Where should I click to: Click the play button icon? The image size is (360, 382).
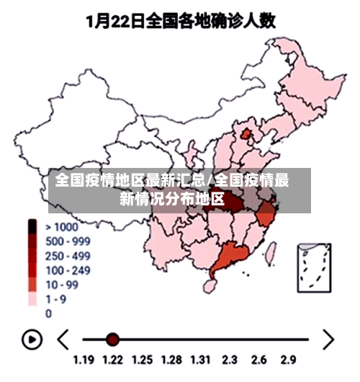click(32, 339)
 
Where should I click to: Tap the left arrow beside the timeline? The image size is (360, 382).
click(63, 339)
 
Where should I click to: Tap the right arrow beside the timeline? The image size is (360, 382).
click(328, 339)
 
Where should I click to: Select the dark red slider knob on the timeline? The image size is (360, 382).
click(112, 339)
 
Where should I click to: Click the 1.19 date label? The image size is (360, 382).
click(84, 359)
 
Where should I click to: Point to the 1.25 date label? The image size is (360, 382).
click(143, 359)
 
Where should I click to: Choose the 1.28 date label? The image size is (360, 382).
click(172, 359)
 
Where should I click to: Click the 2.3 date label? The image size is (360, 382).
click(230, 359)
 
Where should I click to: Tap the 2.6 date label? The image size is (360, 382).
click(260, 359)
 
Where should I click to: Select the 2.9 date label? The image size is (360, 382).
click(289, 359)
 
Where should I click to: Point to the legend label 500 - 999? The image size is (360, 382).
click(68, 241)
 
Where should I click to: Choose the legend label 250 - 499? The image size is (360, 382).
click(68, 256)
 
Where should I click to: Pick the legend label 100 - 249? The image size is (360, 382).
click(68, 270)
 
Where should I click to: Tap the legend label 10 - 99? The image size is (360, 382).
click(63, 285)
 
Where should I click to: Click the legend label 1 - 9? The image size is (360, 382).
click(58, 299)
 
